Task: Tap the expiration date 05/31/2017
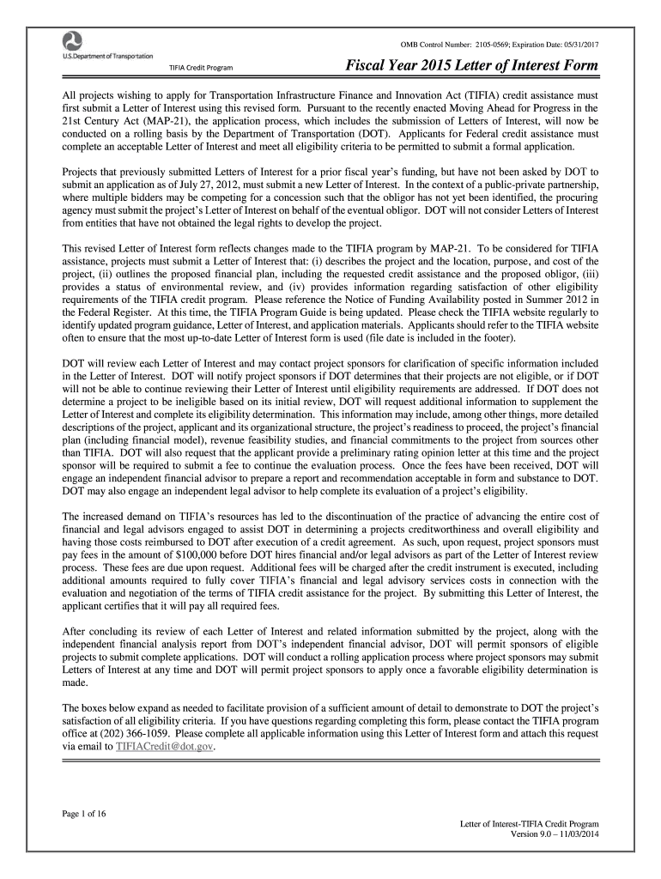[577, 43]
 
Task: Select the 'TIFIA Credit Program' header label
[200, 69]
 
